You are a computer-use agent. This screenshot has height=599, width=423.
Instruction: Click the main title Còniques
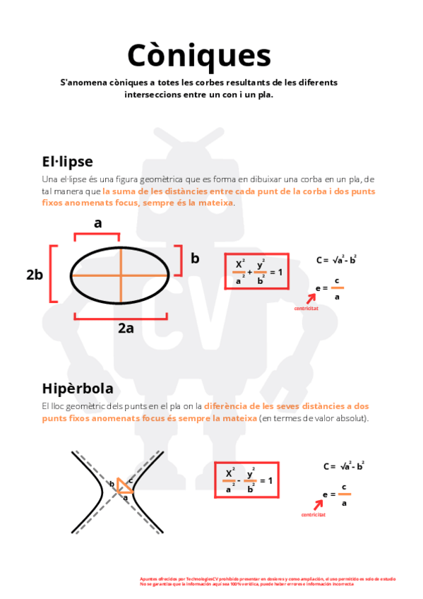coord(198,54)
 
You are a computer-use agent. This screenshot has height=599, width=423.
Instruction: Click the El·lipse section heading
coord(67,161)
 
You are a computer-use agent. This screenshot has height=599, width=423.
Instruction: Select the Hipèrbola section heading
coord(78,389)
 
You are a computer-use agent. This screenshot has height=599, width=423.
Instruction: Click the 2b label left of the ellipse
coord(35,275)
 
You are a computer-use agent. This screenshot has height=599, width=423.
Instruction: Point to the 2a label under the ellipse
coord(126,328)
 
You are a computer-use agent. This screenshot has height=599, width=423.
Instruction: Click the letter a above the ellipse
coord(98,223)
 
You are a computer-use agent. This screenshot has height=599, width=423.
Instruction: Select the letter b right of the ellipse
coord(195,259)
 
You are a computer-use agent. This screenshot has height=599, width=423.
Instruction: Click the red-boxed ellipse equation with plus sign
coord(256,271)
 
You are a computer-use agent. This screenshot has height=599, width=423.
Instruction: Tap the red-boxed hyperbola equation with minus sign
coord(246,480)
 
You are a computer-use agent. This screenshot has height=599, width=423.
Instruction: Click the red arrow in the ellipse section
coord(311,299)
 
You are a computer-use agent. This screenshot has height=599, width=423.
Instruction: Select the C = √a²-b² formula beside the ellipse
coord(336,260)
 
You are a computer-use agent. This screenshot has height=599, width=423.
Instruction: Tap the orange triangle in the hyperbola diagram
coord(124,486)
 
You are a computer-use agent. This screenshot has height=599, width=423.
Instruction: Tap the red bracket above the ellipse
coord(98,236)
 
